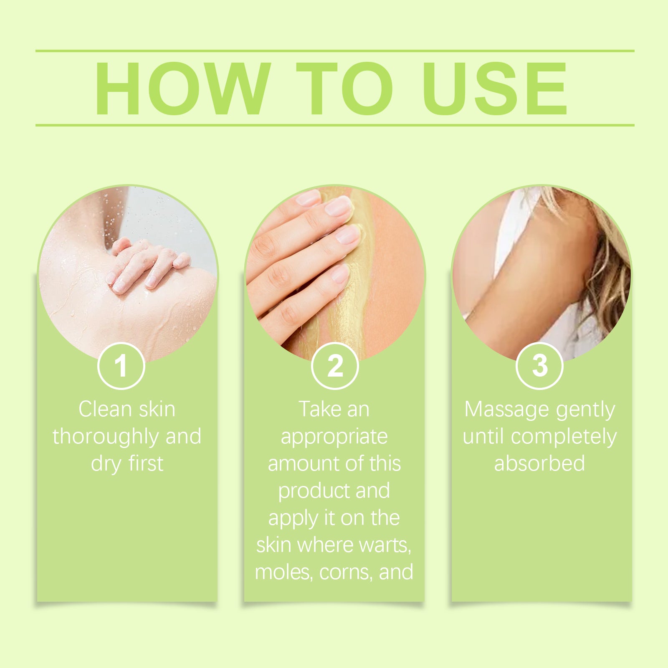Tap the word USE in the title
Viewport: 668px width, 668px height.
[x=495, y=88]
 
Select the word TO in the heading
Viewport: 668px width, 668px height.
[x=345, y=88]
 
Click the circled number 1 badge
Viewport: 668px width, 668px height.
[x=121, y=366]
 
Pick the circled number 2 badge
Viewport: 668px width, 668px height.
[x=335, y=366]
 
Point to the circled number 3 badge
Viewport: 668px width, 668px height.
[x=540, y=366]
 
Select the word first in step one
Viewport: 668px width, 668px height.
[x=146, y=463]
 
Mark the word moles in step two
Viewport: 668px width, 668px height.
[x=283, y=572]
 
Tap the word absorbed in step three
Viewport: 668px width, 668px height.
[x=539, y=463]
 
